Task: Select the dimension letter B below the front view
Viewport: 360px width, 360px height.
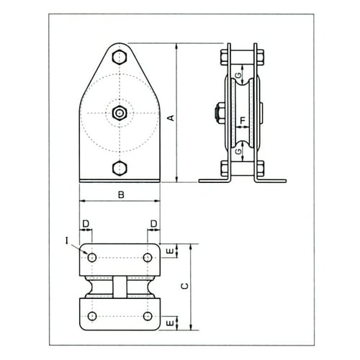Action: pos(120,193)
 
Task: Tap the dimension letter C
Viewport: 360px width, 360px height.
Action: pos(185,286)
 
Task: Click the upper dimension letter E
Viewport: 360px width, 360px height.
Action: pos(168,251)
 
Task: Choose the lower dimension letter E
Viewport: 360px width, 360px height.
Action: pos(168,323)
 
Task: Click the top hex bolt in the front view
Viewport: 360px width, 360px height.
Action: pos(120,57)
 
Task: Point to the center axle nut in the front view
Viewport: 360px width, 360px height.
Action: pos(120,112)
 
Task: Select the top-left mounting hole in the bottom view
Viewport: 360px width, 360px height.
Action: pos(92,257)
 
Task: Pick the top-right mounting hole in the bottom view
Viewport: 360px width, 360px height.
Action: pos(148,257)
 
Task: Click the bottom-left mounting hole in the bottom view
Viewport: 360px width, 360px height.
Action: pos(92,316)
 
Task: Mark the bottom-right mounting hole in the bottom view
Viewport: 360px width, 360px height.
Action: pos(148,316)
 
